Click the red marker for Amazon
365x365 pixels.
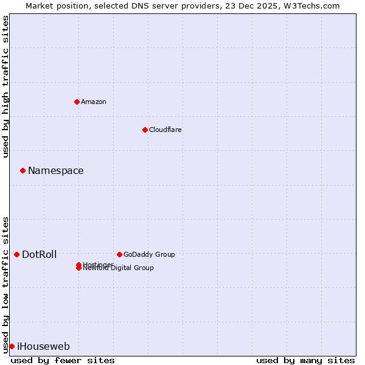(x=77, y=102)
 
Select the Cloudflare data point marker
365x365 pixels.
(x=145, y=130)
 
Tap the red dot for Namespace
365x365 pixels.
(x=23, y=171)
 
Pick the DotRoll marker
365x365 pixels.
(x=16, y=254)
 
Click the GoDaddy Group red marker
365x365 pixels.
(x=119, y=254)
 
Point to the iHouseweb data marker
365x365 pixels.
(x=12, y=346)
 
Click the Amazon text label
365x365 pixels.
(x=94, y=102)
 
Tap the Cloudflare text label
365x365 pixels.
(x=165, y=130)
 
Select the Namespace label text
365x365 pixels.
(x=56, y=171)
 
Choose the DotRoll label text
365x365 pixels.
(x=40, y=254)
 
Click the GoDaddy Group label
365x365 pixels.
(x=149, y=254)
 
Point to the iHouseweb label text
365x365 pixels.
(x=43, y=347)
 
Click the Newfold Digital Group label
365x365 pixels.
(x=119, y=268)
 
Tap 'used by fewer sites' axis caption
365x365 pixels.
(x=63, y=360)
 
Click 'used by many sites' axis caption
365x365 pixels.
(x=305, y=360)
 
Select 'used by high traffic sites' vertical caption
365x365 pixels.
(x=6, y=86)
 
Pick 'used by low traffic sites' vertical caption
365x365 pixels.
(x=6, y=284)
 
